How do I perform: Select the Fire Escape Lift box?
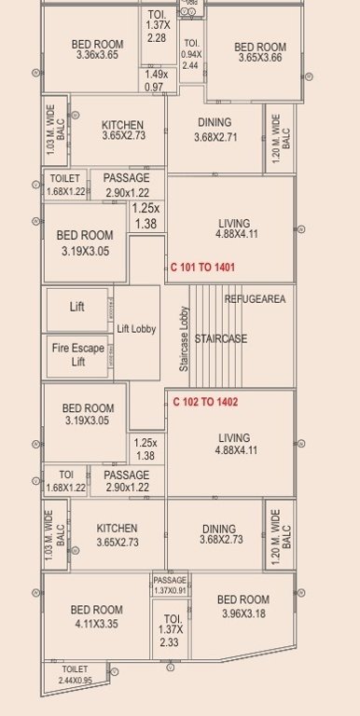77,355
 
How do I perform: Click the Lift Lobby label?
136,329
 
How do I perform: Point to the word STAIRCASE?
222,338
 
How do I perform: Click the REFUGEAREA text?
254,299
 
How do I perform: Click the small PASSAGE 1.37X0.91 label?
170,585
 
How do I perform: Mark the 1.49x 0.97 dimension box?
156,80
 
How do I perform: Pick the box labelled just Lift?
76,306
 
